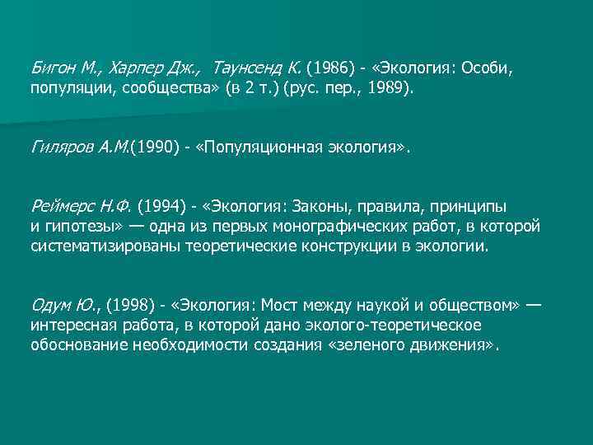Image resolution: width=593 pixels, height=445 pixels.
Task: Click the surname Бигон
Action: click(x=50, y=65)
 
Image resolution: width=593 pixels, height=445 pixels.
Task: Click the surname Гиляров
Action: click(x=58, y=148)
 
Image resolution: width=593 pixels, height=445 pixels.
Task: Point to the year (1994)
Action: click(x=161, y=205)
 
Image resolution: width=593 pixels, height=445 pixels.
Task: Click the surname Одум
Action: click(x=49, y=306)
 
